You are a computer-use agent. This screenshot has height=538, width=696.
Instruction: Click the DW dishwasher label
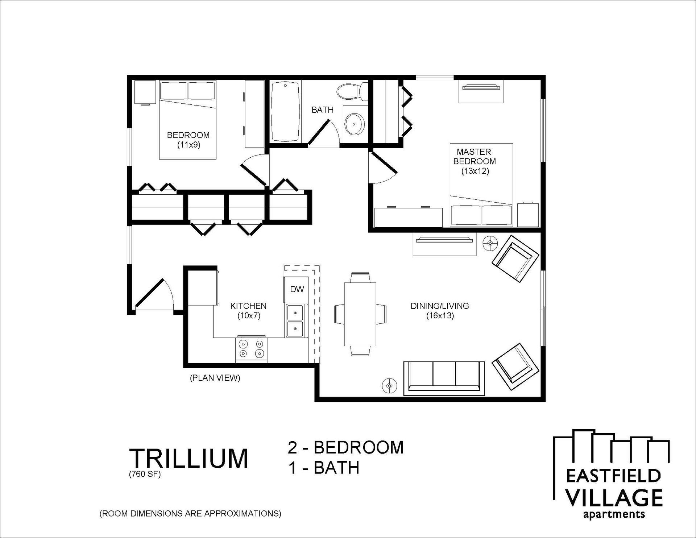[297, 289]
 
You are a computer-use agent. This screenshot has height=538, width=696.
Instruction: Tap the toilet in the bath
[352, 91]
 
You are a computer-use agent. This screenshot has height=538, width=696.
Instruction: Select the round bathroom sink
[353, 123]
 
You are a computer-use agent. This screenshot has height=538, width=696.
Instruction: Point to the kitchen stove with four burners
[251, 349]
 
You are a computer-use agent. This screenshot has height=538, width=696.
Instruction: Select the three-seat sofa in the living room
[444, 378]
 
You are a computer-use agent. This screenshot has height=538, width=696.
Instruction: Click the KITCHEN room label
[248, 306]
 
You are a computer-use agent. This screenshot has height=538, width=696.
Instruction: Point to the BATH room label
[322, 109]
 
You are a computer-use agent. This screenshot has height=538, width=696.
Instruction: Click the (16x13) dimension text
[440, 315]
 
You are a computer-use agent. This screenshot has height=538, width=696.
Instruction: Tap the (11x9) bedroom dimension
[188, 145]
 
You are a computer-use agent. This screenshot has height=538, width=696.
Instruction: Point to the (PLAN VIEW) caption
[215, 378]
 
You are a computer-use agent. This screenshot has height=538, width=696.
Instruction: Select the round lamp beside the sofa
[389, 386]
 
